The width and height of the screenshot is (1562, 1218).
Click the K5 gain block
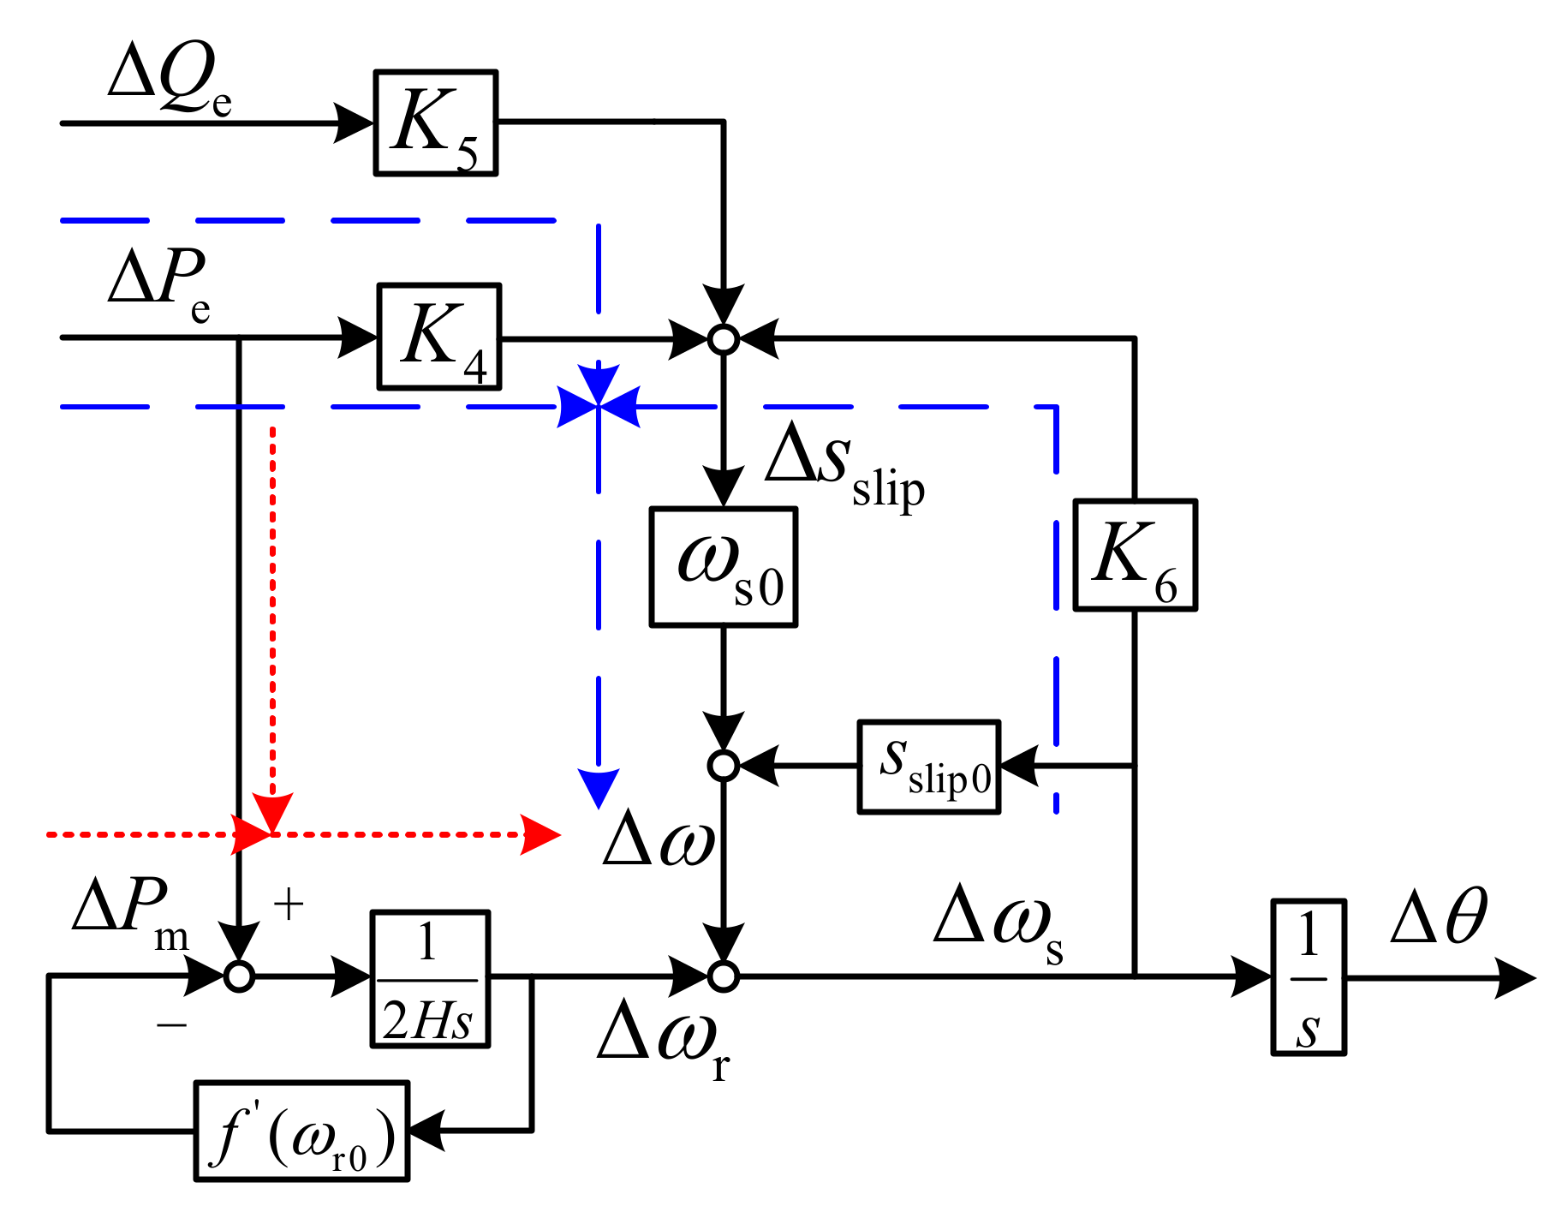tap(435, 123)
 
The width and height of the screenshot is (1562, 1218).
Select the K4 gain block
tap(438, 337)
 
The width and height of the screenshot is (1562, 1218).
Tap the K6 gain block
tap(1135, 555)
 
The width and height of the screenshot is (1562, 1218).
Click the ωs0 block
tap(724, 567)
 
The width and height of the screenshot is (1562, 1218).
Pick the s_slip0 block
tap(929, 767)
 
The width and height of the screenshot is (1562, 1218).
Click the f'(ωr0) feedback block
tap(301, 1131)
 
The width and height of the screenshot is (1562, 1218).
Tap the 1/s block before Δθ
tap(1309, 977)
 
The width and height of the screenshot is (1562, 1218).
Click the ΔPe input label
tap(159, 283)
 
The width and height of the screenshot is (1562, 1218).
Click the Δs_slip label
tap(844, 467)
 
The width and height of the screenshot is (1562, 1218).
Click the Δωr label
tap(664, 1041)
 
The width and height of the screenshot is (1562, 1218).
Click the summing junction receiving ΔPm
tap(239, 976)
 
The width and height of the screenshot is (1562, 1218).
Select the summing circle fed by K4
tap(724, 339)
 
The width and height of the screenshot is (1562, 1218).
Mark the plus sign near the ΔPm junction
tap(289, 905)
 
